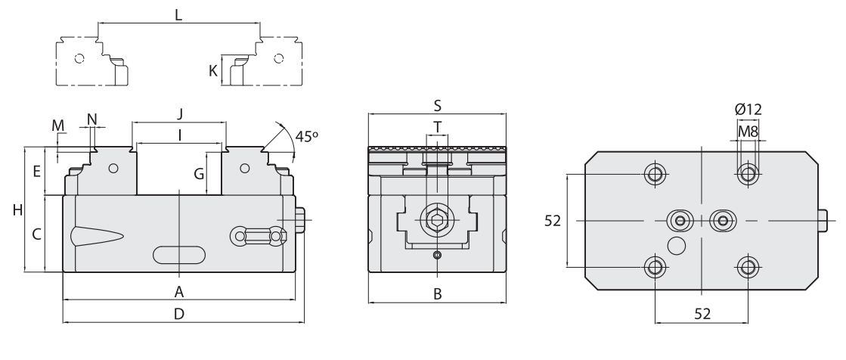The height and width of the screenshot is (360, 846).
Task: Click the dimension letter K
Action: pyautogui.click(x=213, y=72)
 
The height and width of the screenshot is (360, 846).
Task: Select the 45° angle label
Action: pyautogui.click(x=306, y=137)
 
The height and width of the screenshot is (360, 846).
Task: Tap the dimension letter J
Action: pyautogui.click(x=180, y=113)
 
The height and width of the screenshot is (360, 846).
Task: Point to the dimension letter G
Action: pyautogui.click(x=199, y=174)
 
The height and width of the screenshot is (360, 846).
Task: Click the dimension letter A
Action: pyautogui.click(x=179, y=291)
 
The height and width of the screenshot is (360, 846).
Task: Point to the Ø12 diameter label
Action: pyautogui.click(x=748, y=110)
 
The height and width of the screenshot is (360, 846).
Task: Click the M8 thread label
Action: pyautogui.click(x=748, y=131)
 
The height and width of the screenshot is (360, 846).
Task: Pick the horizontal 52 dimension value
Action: pyautogui.click(x=702, y=314)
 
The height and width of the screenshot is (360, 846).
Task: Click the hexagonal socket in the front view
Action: pyautogui.click(x=437, y=221)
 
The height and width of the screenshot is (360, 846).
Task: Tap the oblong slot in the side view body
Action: pyautogui.click(x=179, y=254)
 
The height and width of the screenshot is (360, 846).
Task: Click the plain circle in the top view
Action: pyautogui.click(x=676, y=245)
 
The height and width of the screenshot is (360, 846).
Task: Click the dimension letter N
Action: pyautogui.click(x=92, y=119)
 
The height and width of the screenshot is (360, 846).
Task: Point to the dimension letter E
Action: pyautogui.click(x=36, y=172)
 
